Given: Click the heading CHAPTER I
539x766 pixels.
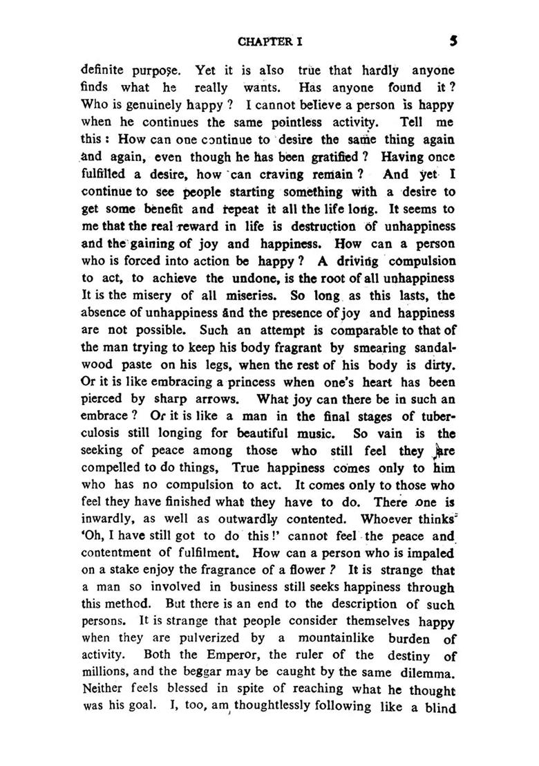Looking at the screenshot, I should pyautogui.click(x=270, y=41).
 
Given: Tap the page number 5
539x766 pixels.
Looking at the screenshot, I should pyautogui.click(x=452, y=40).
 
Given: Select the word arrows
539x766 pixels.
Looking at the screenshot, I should pyautogui.click(x=219, y=398).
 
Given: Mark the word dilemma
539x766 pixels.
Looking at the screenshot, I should pyautogui.click(x=423, y=672).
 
